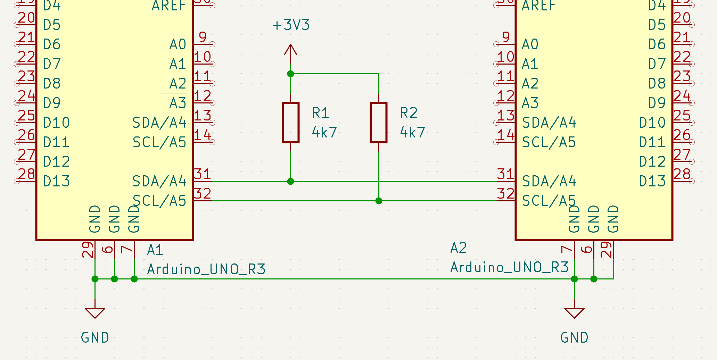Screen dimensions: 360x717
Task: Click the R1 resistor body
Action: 291,122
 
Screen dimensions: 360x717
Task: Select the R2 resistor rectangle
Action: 379,122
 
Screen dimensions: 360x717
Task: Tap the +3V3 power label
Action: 291,25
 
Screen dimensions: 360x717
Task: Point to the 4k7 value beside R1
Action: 324,132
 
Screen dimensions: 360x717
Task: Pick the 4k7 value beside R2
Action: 413,132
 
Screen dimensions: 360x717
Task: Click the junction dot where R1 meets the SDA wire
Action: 291,181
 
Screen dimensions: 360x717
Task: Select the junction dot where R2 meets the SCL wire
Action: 379,201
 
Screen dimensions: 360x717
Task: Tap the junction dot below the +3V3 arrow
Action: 291,74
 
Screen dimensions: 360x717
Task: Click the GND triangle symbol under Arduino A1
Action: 95,312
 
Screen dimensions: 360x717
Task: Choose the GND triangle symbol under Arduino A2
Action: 574,312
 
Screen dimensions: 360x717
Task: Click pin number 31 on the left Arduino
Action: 202,174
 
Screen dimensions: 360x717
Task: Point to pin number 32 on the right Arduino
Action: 505,194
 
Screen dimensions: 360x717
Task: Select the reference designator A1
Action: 155,250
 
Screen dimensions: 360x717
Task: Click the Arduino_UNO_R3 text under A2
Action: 509,267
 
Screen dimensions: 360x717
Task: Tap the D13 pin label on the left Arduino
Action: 57,181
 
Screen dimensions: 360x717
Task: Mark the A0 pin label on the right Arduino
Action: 530,44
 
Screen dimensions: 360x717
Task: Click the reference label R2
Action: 409,113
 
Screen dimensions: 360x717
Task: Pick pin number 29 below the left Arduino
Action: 88,250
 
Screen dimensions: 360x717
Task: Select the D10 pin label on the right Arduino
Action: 652,123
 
